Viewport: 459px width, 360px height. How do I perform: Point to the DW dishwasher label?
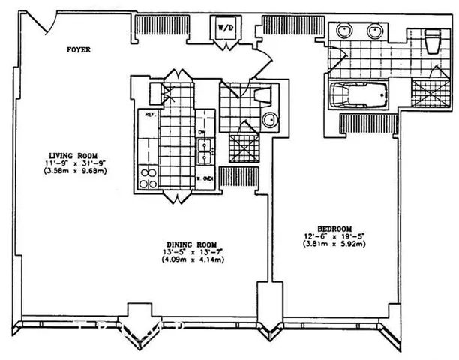tap(202, 133)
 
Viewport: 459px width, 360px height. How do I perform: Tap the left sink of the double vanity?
tap(346, 31)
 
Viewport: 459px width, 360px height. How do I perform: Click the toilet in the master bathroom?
tap(433, 41)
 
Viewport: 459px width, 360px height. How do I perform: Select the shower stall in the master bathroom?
tap(429, 94)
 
